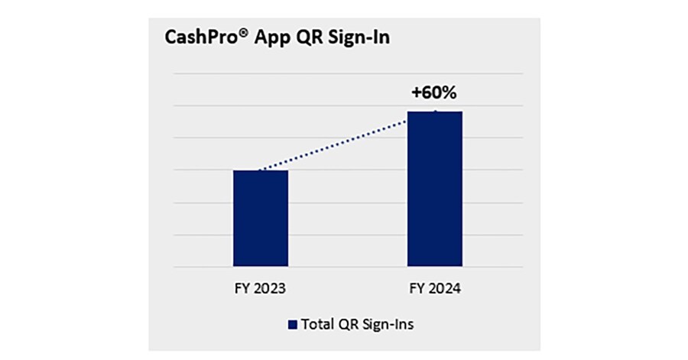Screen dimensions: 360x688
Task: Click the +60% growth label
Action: click(433, 94)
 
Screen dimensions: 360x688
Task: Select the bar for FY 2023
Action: click(260, 219)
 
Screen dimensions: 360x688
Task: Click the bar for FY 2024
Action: click(434, 190)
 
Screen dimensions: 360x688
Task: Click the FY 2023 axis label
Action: click(260, 290)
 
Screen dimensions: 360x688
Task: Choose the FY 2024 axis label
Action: click(434, 290)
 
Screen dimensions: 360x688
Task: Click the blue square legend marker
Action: click(291, 325)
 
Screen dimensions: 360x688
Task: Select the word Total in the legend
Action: click(316, 324)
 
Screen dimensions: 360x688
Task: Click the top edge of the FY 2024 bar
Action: click(434, 112)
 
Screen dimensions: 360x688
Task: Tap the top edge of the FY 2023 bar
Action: click(260, 170)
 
